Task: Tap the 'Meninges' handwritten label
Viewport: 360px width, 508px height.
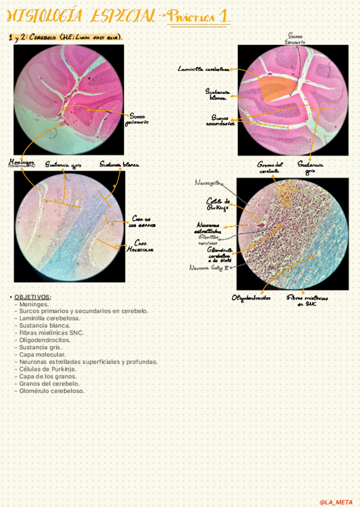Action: coord(22,163)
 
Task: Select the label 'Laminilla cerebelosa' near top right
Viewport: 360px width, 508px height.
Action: coord(204,69)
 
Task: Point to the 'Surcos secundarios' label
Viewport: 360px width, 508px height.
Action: coord(219,120)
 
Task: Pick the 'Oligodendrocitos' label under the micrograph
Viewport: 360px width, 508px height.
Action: coord(251,298)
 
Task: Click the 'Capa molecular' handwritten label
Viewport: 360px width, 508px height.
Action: coord(144,246)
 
